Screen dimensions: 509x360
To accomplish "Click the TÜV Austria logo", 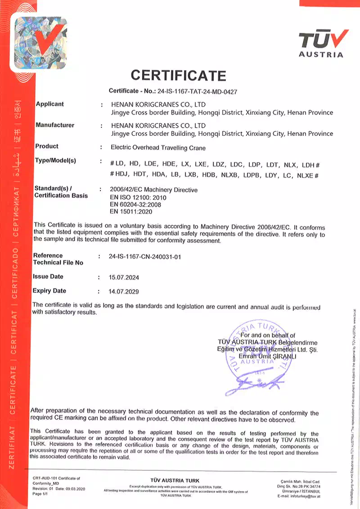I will click(x=323, y=43).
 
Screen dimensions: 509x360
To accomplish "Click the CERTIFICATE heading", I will click(x=178, y=75).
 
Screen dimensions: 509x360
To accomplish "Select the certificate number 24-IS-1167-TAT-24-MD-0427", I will click(x=197, y=91).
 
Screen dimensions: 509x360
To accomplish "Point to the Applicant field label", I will click(x=49, y=104).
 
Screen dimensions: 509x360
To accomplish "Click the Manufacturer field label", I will click(x=54, y=125).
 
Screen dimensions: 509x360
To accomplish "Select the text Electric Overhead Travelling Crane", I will click(x=158, y=147).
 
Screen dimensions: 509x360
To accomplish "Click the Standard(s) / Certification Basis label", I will click(x=61, y=192).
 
